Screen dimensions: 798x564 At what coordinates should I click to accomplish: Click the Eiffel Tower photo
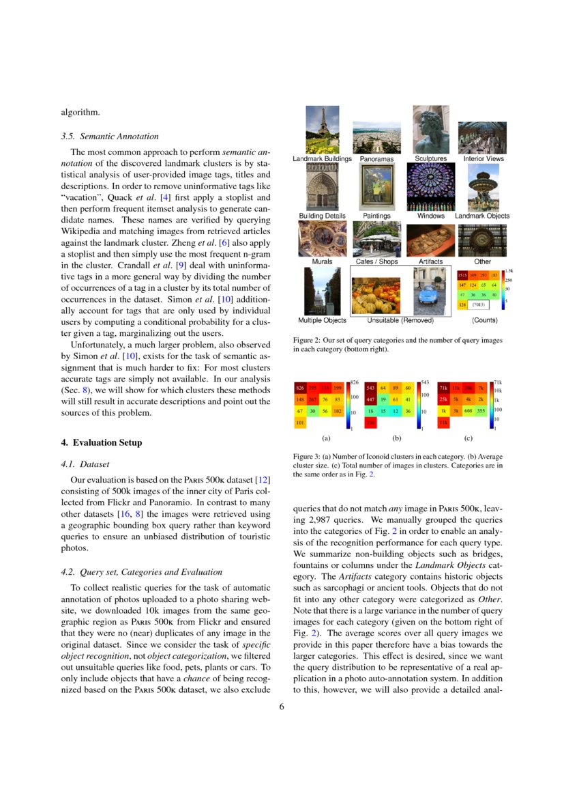(x=322, y=130)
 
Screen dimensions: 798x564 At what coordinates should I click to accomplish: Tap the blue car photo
(x=429, y=290)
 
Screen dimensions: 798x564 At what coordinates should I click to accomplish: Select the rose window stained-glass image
(x=430, y=186)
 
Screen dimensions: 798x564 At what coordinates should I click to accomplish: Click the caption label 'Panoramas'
(x=376, y=159)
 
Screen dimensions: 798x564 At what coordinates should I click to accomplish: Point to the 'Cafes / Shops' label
(x=376, y=261)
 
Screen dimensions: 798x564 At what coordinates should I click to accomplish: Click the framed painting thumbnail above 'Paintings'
(x=376, y=186)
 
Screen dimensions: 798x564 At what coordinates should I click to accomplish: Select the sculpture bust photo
(x=430, y=130)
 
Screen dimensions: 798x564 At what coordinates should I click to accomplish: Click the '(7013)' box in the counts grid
(x=479, y=304)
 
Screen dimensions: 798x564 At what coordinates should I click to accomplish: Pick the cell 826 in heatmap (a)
(x=299, y=388)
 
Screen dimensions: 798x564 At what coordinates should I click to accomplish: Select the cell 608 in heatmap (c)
(x=468, y=411)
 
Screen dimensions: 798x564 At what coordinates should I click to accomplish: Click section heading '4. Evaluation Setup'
(x=102, y=442)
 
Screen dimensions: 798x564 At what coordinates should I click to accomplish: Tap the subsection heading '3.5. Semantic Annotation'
(x=110, y=136)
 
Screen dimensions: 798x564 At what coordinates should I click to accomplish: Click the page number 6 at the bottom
(x=281, y=707)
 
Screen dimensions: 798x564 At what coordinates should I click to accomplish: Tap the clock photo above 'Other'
(x=482, y=239)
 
